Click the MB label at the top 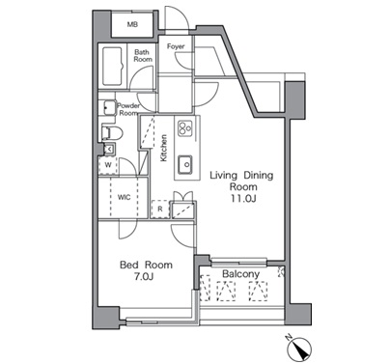(132, 24)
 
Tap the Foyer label (176, 46)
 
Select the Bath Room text (143, 56)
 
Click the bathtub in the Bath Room (112, 67)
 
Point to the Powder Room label (128, 109)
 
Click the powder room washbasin (109, 107)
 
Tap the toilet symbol (112, 133)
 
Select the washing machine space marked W (108, 165)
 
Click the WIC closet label (124, 197)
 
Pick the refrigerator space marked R (160, 210)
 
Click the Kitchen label (164, 148)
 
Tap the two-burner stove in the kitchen (185, 128)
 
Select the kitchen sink (185, 164)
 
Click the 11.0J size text (242, 199)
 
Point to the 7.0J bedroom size (142, 276)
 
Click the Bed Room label (146, 265)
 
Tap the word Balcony (240, 274)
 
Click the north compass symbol (300, 349)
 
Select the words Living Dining (241, 176)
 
